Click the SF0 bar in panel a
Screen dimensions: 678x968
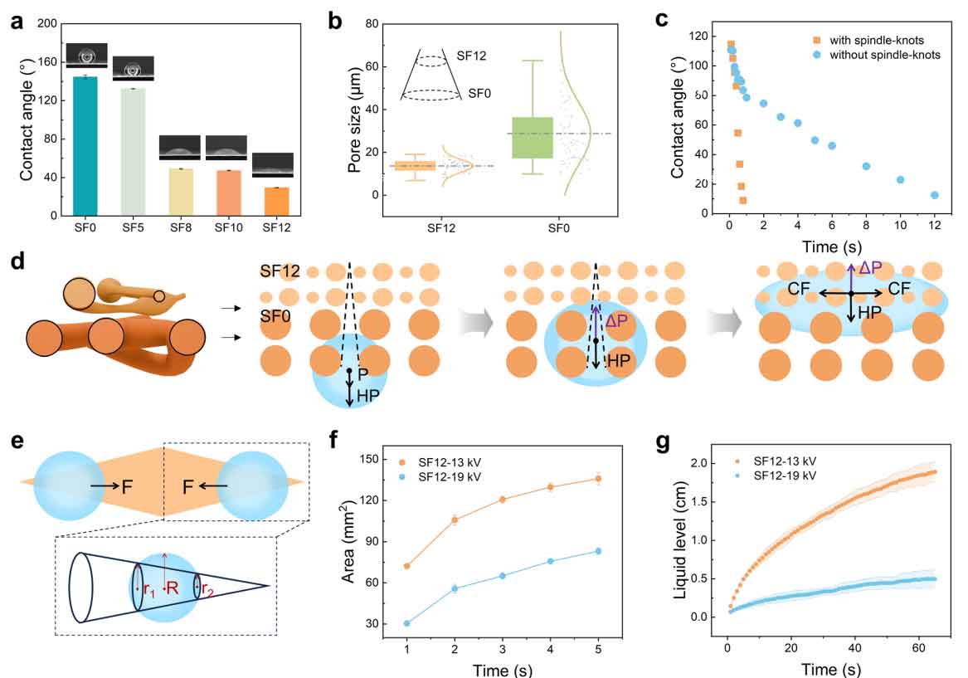coord(85,146)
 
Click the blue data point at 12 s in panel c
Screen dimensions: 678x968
coord(935,195)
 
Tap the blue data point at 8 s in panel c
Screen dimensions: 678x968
coord(866,166)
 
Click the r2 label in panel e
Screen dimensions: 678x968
coord(208,591)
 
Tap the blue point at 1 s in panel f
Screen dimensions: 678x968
coord(407,623)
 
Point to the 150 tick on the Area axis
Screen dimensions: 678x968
coord(381,459)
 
